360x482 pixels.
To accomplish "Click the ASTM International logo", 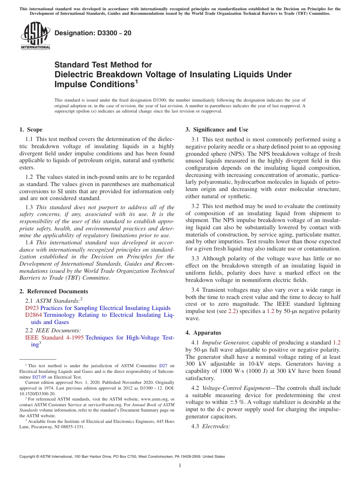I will [x=35, y=36].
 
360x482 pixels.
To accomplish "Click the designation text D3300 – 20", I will [x=93, y=33].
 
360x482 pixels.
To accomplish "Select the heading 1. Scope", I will [x=31, y=130].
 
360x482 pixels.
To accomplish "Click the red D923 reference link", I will [x=32, y=308].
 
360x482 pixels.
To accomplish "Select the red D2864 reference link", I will [x=34, y=315].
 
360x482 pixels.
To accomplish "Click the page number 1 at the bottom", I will [x=180, y=465].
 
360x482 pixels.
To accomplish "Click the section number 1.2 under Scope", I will [x=29, y=177].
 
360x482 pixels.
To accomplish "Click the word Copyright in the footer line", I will [x=28, y=457].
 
